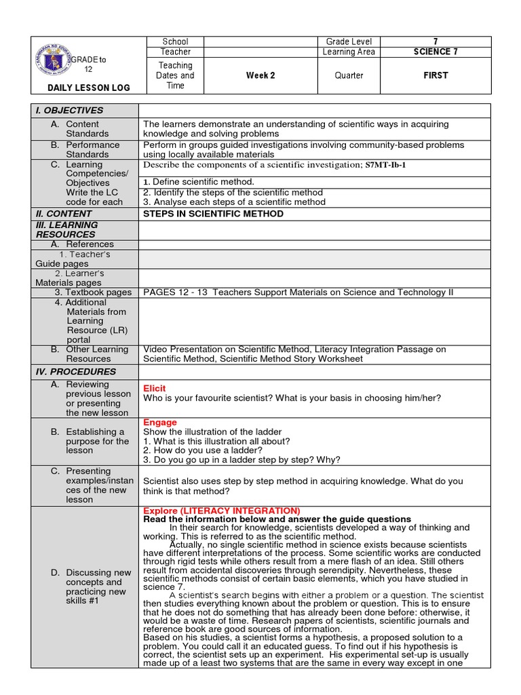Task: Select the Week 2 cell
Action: point(261,75)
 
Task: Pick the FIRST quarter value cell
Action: point(435,75)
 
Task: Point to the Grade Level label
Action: point(349,41)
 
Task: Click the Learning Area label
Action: point(349,52)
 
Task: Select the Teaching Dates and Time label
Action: point(174,75)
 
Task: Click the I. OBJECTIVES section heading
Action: point(70,111)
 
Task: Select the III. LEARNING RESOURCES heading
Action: point(67,229)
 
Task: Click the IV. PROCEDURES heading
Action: point(76,372)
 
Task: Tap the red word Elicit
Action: point(154,388)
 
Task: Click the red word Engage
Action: point(160,422)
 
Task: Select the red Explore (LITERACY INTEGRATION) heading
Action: point(221,510)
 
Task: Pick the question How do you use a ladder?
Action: point(202,450)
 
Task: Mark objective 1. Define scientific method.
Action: point(199,181)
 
